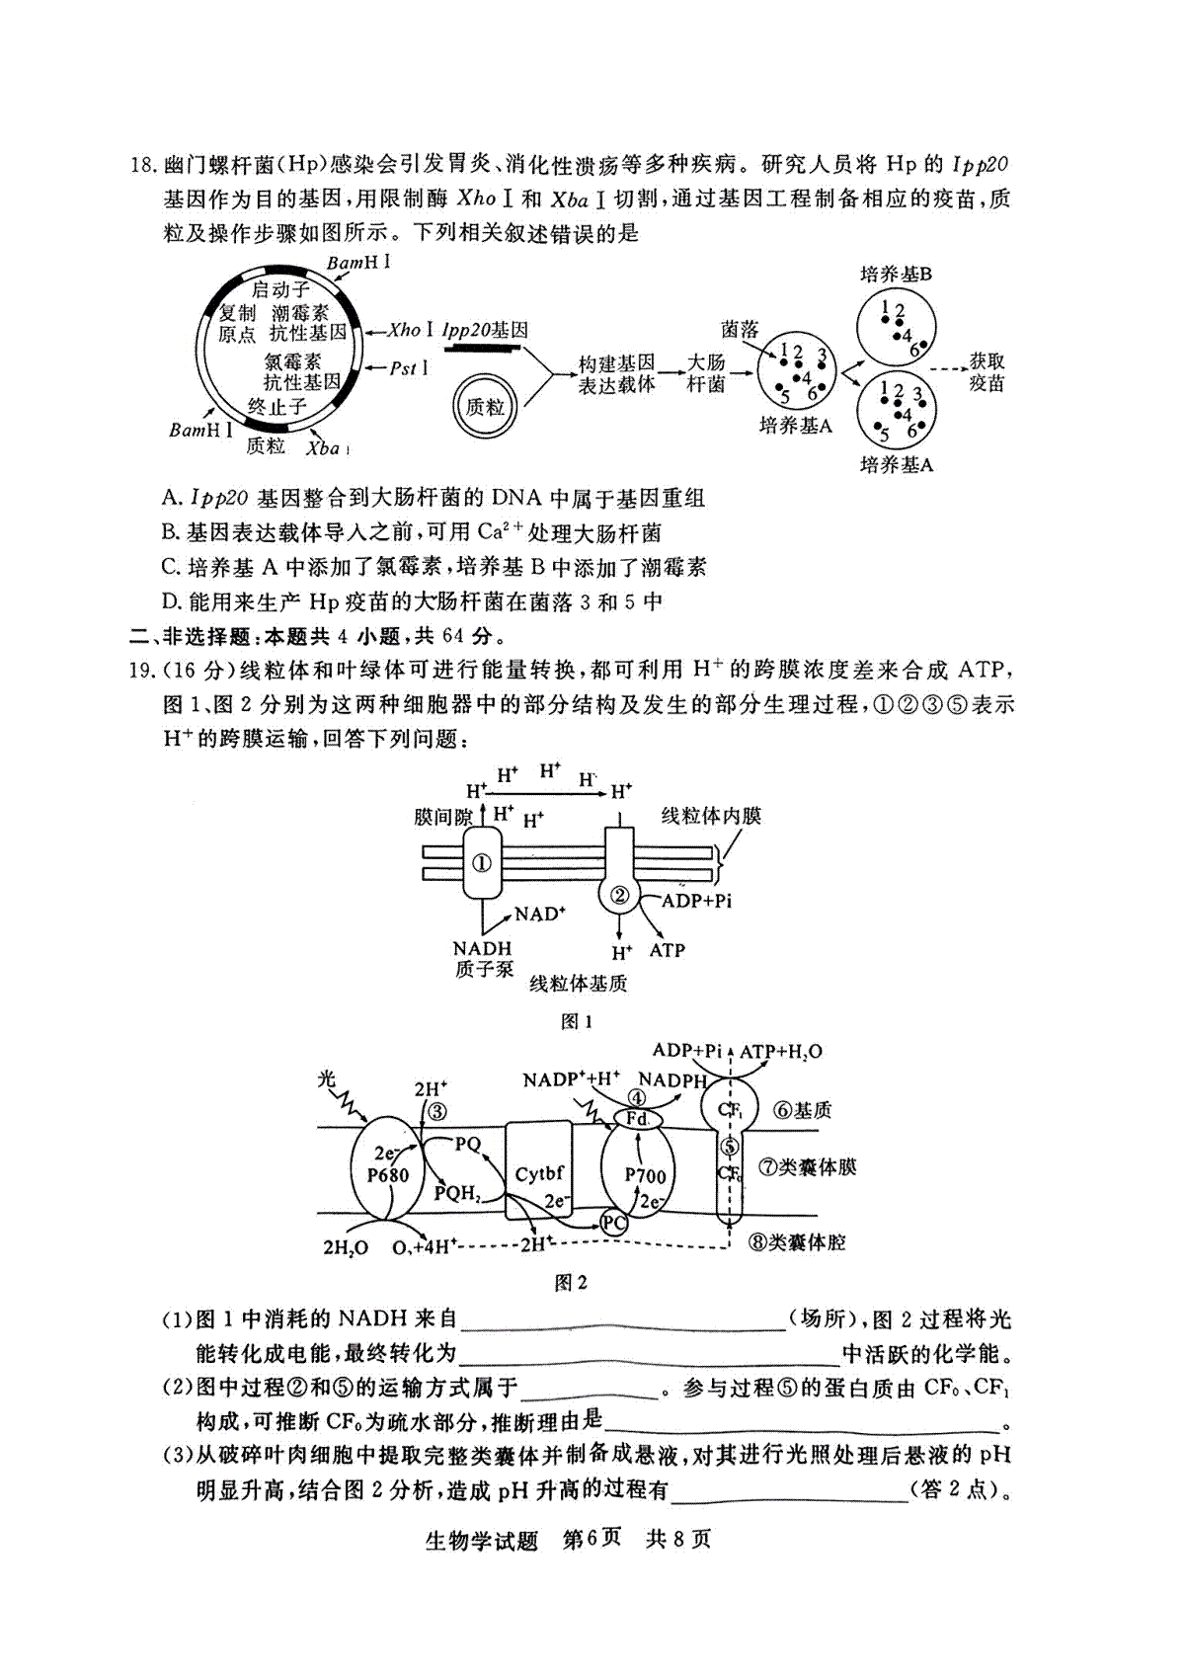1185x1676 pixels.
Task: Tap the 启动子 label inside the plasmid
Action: click(280, 288)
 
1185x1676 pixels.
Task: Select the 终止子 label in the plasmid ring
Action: click(277, 406)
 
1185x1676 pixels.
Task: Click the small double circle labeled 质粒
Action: click(485, 407)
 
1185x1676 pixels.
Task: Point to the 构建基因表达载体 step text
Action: click(616, 373)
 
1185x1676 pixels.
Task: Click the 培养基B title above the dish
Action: click(897, 274)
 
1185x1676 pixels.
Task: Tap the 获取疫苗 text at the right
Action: click(987, 372)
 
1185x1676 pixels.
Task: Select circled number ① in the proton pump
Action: click(481, 863)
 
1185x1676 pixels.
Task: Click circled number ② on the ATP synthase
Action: click(619, 894)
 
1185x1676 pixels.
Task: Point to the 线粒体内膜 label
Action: click(711, 815)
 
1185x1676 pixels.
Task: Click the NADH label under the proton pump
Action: click(482, 948)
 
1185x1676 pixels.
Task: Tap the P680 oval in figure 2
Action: click(388, 1169)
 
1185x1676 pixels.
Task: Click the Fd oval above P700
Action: click(637, 1118)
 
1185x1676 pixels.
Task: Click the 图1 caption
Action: click(576, 1022)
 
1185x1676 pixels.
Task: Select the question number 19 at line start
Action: click(142, 670)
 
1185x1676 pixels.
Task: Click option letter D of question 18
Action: click(171, 601)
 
